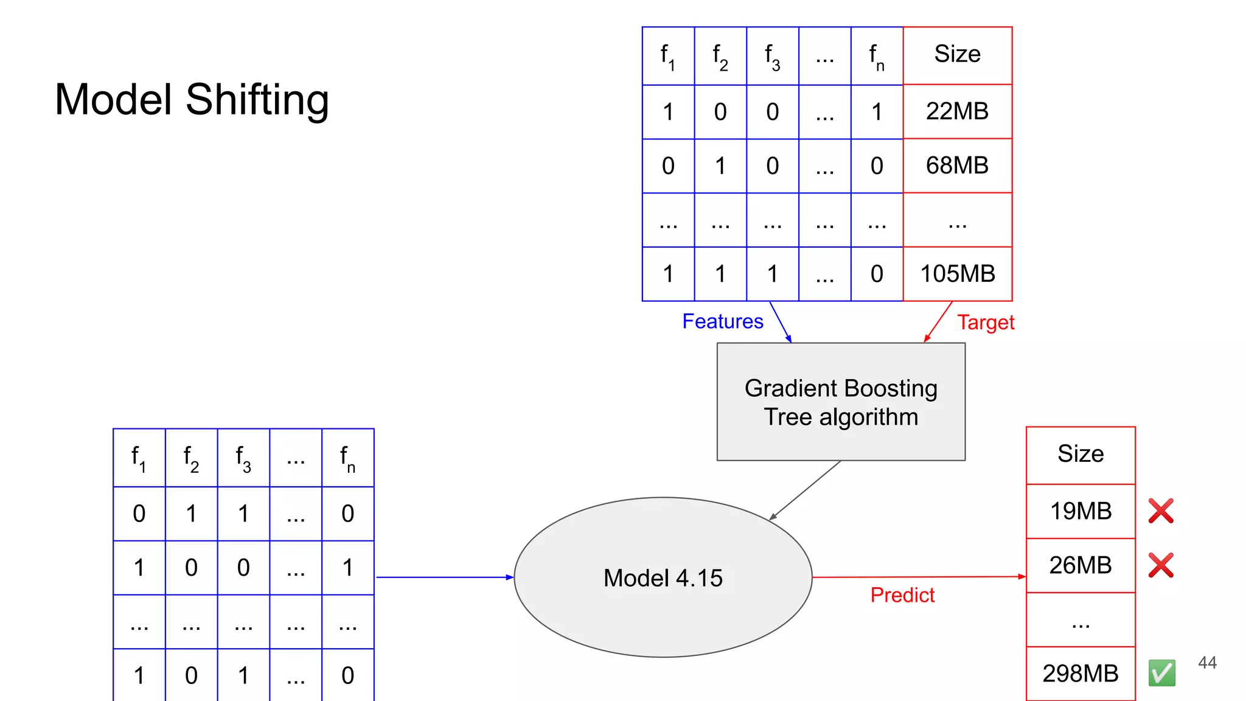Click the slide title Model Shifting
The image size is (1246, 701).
[192, 99]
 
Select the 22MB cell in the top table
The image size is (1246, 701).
[957, 111]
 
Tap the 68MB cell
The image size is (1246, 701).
[957, 166]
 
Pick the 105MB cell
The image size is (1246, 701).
[957, 274]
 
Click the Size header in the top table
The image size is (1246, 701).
[957, 54]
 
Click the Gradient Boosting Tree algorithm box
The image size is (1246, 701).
[841, 402]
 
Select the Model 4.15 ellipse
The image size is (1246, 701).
[663, 577]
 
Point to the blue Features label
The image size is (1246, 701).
[722, 321]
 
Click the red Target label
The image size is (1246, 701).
[986, 323]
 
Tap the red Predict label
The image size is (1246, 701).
[902, 595]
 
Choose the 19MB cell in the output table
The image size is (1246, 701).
[1081, 511]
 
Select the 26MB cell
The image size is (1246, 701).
[1081, 565]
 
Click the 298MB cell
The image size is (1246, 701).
[1081, 674]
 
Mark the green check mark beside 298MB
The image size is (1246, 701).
[1161, 673]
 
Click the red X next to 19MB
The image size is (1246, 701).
[1161, 511]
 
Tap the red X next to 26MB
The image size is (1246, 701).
[1161, 565]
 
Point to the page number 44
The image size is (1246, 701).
[1207, 663]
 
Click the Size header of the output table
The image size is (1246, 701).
[1081, 454]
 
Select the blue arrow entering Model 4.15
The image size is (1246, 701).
[444, 577]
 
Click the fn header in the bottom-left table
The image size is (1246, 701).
[347, 458]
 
